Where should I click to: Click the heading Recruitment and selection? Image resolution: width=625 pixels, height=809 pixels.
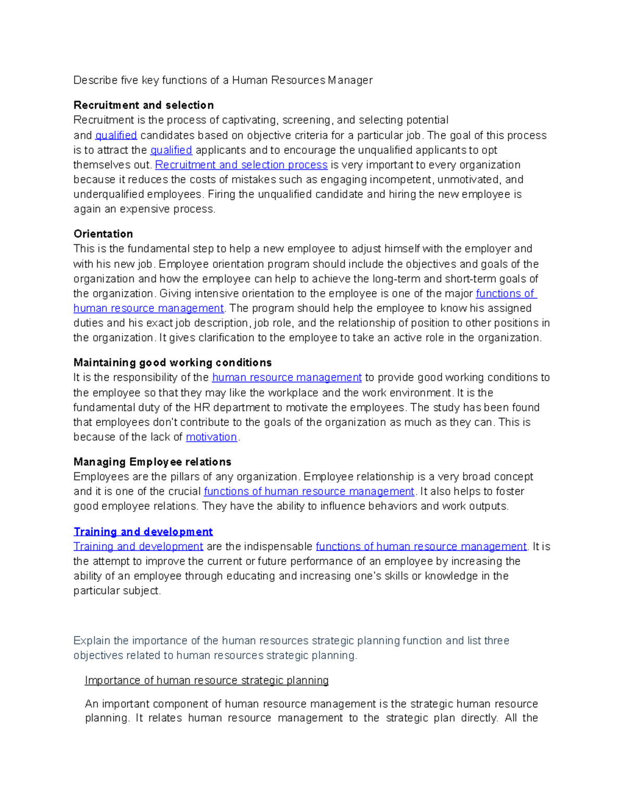coord(143,105)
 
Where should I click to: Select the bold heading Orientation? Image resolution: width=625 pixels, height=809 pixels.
coord(103,234)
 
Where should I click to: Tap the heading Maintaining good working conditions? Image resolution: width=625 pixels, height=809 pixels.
coord(172,363)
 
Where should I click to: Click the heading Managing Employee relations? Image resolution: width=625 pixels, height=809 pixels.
coord(152,462)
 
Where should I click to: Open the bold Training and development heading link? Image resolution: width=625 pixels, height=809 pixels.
coord(143,532)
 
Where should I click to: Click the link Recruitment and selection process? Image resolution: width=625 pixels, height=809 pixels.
coord(241,165)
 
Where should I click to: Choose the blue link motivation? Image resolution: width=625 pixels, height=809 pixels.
coord(211,437)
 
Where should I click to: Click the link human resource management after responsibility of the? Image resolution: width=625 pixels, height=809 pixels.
coord(286,378)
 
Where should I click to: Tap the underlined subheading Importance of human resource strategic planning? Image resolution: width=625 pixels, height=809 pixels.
coord(206,680)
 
